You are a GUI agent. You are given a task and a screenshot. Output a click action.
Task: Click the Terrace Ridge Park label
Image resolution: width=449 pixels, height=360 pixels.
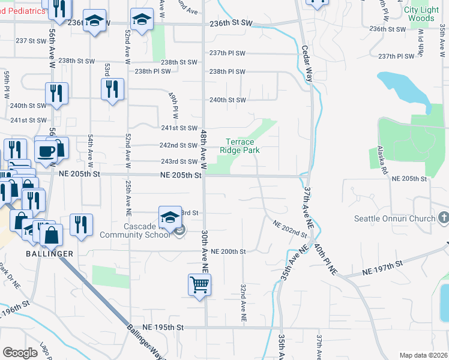pos(240,146)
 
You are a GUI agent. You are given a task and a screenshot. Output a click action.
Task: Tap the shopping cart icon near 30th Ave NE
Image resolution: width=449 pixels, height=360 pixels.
pos(199,284)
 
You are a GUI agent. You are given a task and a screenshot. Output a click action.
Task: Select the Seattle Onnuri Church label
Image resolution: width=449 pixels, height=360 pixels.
pos(402,218)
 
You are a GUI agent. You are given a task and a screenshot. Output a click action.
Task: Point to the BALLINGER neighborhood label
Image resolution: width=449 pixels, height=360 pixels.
pos(49,254)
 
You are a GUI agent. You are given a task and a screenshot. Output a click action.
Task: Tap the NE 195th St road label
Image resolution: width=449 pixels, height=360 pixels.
pos(163,328)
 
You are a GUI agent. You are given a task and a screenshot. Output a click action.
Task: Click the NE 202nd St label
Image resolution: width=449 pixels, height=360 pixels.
pos(290,228)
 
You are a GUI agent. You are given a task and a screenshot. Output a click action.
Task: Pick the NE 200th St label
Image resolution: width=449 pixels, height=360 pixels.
pos(229,251)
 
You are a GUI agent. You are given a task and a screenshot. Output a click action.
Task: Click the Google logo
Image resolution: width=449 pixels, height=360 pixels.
pos(20,352)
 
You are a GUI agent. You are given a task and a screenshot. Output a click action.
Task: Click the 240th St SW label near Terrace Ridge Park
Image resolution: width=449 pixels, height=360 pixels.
pos(227,100)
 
